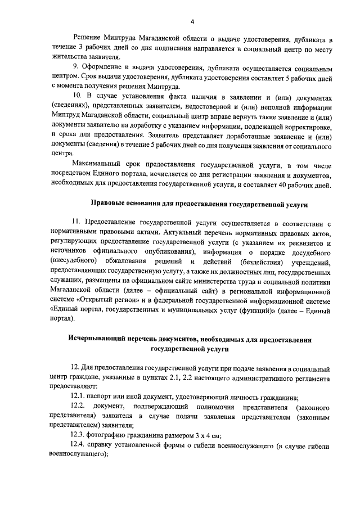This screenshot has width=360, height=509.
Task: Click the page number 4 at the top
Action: (191, 22)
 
